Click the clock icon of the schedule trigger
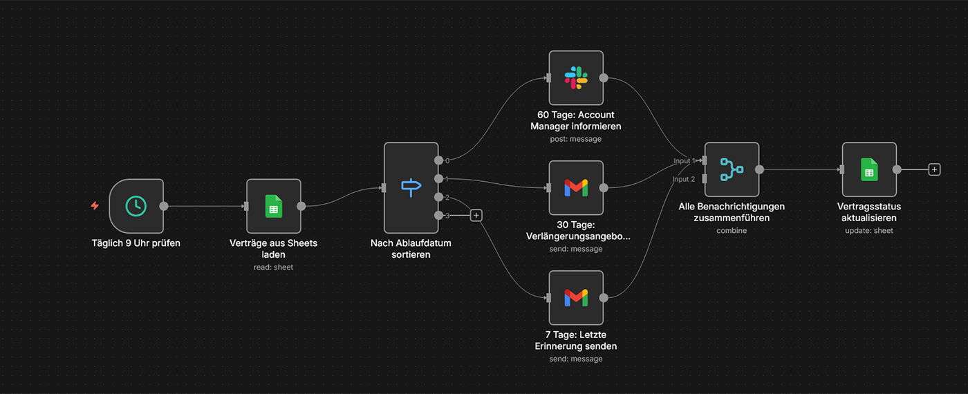click(x=136, y=205)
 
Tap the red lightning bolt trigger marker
click(x=95, y=206)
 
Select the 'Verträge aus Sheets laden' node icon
click(x=274, y=206)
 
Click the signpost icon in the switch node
click(x=411, y=187)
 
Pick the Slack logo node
click(x=576, y=77)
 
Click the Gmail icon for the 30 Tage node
click(x=576, y=187)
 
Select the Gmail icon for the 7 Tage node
click(x=576, y=297)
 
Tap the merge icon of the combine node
click(x=732, y=169)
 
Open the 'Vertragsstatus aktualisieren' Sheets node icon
click(x=869, y=169)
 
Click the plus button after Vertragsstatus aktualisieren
click(x=934, y=169)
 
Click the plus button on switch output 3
click(x=476, y=215)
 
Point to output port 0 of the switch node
click(x=438, y=160)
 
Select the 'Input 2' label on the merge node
click(x=683, y=179)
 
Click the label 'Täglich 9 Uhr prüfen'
click(x=136, y=243)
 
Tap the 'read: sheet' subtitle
click(x=274, y=267)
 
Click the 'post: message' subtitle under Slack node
click(x=576, y=139)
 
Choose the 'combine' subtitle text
click(x=732, y=230)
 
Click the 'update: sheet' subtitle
click(x=869, y=230)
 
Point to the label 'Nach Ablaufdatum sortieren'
click(x=411, y=249)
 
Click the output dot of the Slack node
click(x=604, y=77)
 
